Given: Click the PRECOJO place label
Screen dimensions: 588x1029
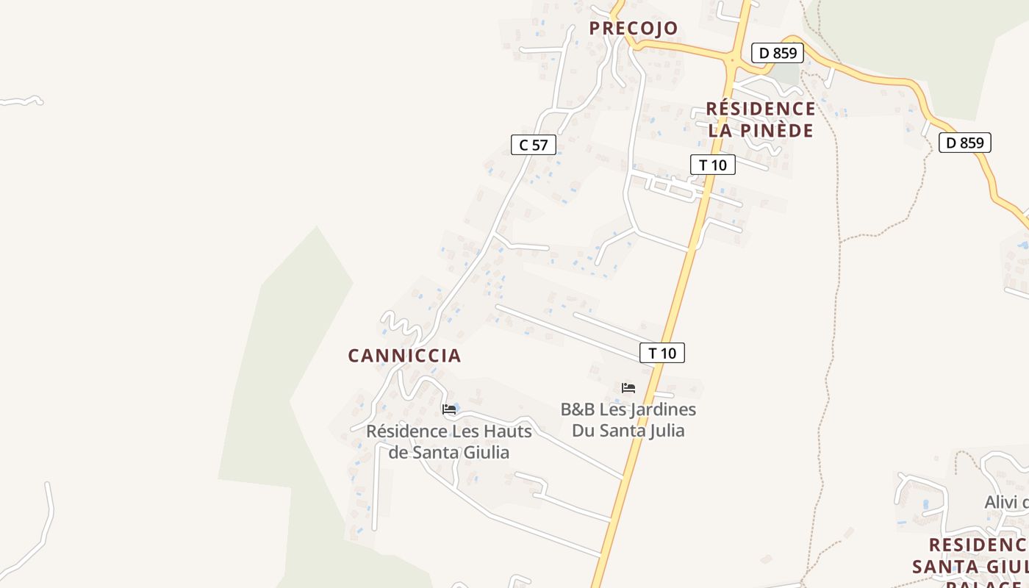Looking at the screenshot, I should (633, 29).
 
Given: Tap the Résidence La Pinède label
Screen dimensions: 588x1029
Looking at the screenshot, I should (761, 120).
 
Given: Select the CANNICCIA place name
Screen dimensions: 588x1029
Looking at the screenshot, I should (404, 356).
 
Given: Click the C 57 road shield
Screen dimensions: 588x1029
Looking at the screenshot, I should (534, 145).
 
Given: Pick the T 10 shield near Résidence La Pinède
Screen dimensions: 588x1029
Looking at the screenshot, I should (712, 165).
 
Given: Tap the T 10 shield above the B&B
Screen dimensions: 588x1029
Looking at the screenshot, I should (662, 353).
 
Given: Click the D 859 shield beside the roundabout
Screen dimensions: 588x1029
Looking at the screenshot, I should (778, 53).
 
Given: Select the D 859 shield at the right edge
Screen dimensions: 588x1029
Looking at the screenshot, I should (964, 143).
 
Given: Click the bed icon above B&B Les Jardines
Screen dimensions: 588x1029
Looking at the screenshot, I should (628, 387).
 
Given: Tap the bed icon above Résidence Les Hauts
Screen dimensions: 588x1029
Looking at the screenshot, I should (448, 409).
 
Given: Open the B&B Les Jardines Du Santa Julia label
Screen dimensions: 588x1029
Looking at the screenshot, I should (628, 420).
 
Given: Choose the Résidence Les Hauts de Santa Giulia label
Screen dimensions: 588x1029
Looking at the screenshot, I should (448, 442).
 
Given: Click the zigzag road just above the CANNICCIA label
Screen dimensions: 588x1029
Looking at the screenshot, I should (401, 323).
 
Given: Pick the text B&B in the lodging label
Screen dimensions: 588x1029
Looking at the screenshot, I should (578, 409).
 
